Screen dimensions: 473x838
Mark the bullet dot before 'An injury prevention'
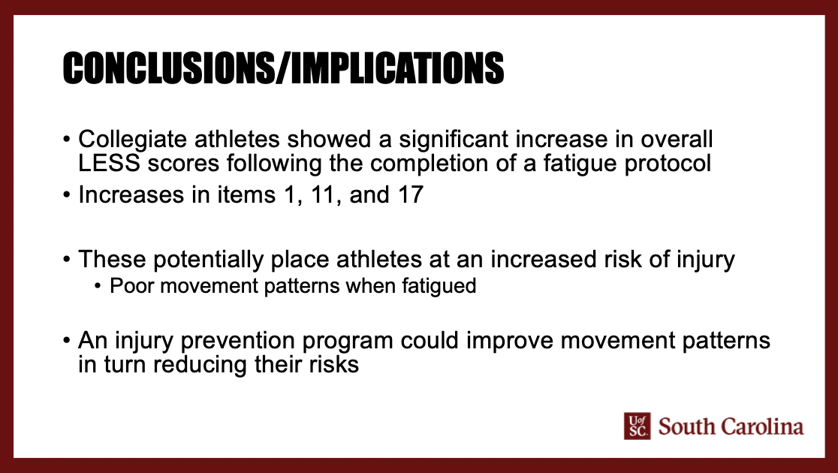pos(68,341)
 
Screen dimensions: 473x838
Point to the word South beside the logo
pos(686,427)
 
